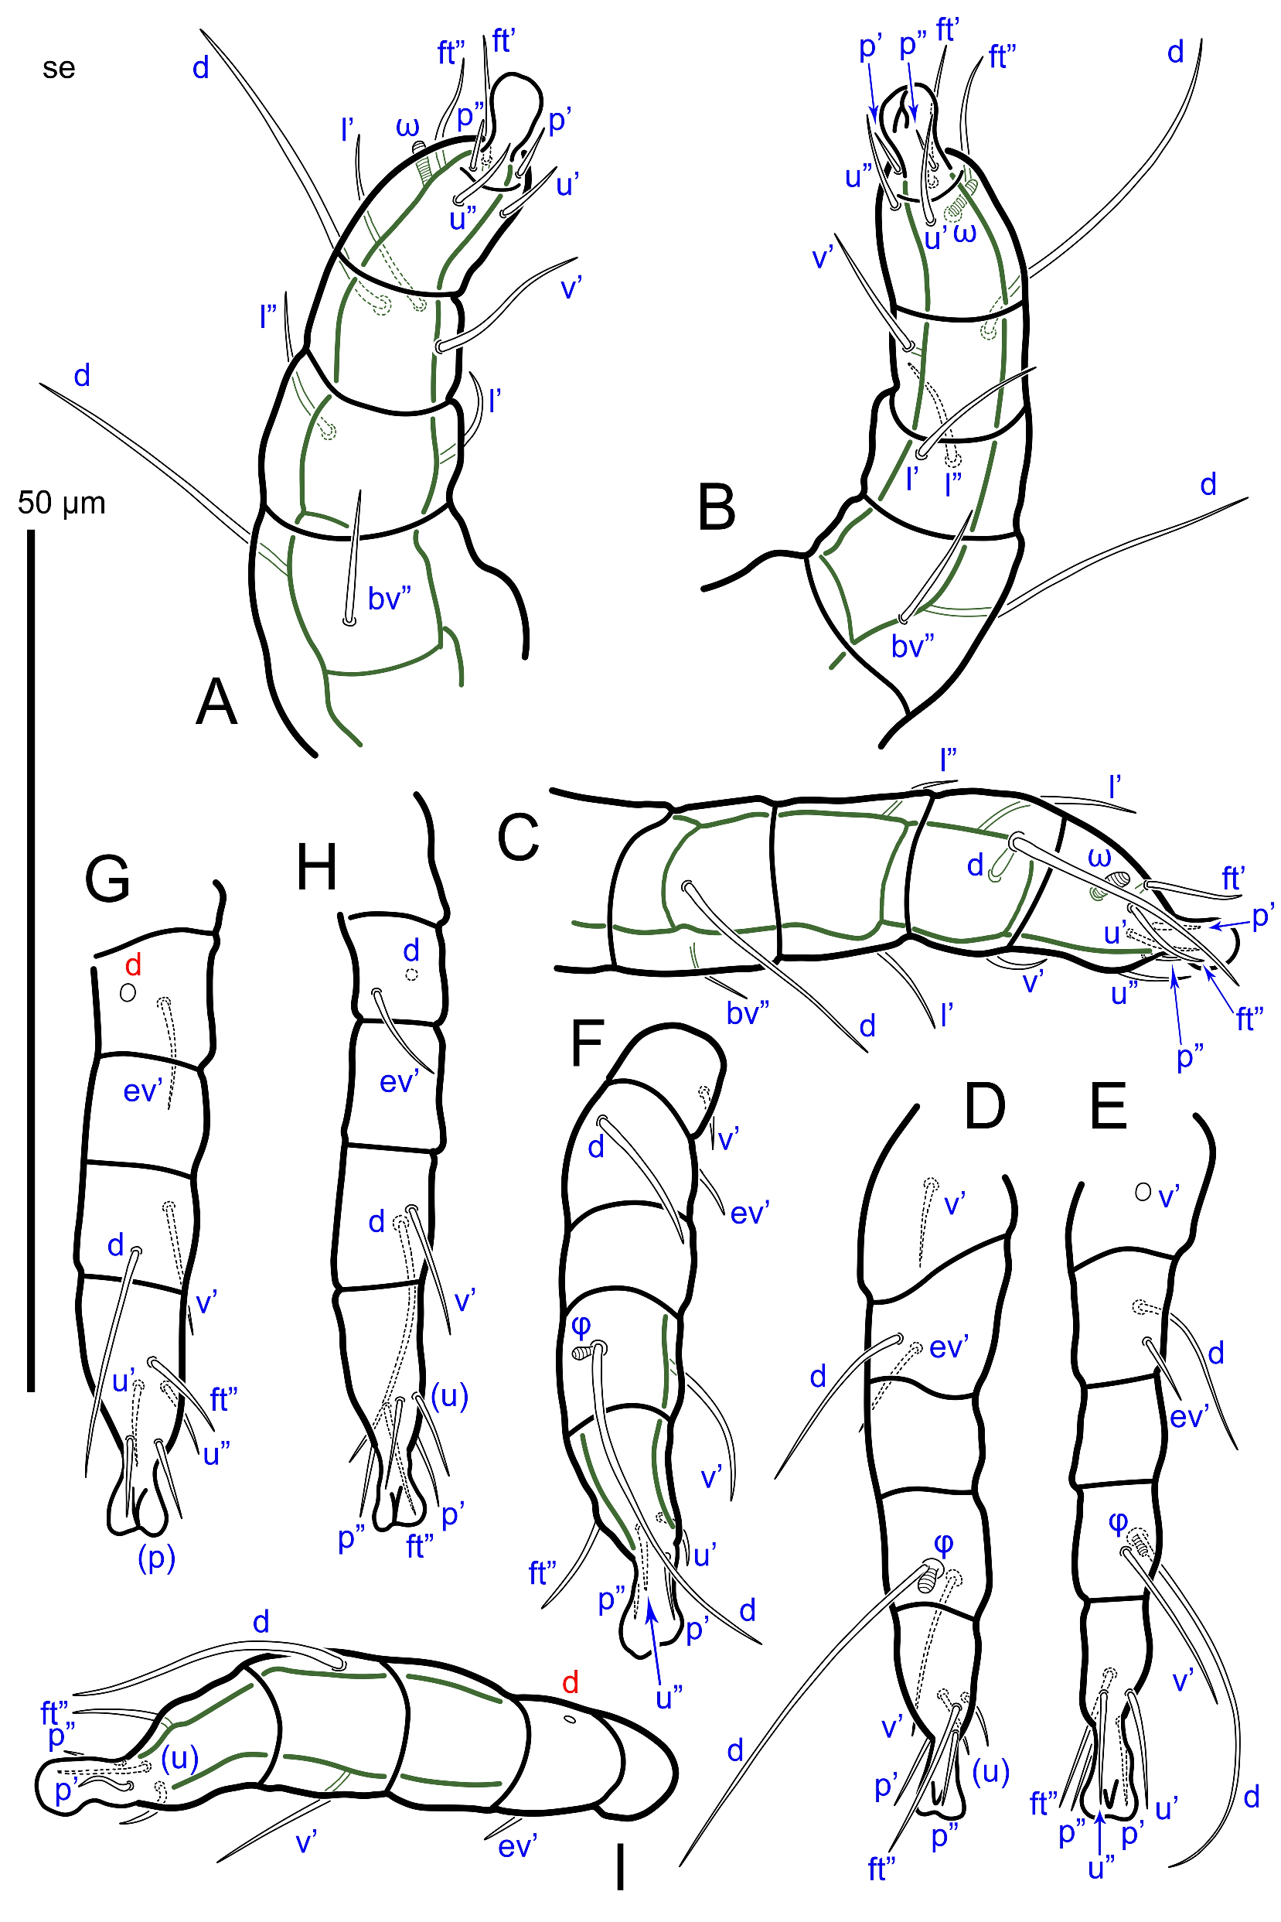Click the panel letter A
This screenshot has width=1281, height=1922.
216,703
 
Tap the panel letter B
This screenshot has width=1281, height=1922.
717,507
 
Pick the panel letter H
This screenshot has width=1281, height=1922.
316,867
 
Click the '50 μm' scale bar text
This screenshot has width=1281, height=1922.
62,504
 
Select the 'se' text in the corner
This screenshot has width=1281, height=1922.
59,68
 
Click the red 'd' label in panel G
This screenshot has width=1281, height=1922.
133,965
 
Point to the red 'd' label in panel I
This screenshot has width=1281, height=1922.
571,1681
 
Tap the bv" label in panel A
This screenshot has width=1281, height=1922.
389,599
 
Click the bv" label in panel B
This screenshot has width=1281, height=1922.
912,646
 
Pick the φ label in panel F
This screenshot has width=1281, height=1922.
581,1324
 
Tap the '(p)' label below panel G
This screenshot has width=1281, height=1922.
157,1558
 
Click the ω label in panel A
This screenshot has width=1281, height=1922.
407,127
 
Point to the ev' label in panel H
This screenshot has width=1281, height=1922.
400,1082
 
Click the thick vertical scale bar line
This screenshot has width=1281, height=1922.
31,960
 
